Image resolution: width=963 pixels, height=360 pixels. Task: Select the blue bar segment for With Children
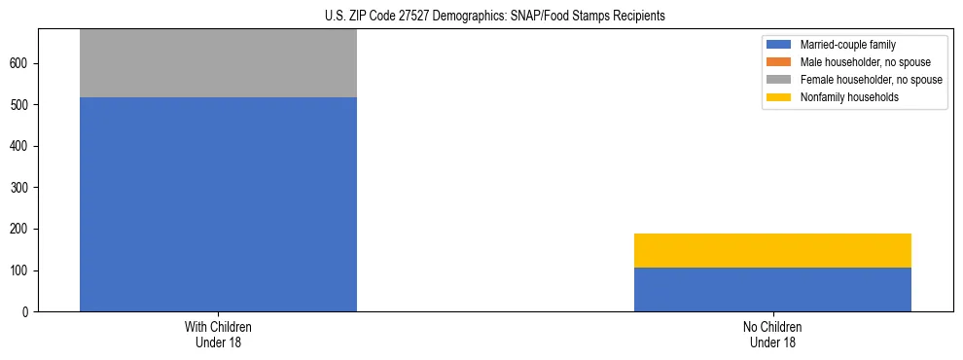pyautogui.click(x=218, y=204)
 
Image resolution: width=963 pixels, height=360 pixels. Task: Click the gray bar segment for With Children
pyautogui.click(x=218, y=63)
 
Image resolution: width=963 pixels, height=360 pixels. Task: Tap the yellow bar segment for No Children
pyautogui.click(x=772, y=250)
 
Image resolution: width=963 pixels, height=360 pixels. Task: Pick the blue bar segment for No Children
pyautogui.click(x=772, y=289)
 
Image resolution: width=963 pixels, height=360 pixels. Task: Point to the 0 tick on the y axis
pyautogui.click(x=29, y=311)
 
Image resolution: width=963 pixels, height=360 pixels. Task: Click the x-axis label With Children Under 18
pyautogui.click(x=218, y=334)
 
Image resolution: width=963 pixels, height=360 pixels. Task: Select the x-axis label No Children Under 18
pyautogui.click(x=772, y=334)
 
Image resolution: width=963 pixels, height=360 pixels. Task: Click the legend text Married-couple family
pyautogui.click(x=847, y=45)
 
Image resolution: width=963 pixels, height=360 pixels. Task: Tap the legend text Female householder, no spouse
pyautogui.click(x=871, y=80)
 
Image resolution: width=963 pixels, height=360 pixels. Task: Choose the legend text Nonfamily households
pyautogui.click(x=849, y=97)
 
